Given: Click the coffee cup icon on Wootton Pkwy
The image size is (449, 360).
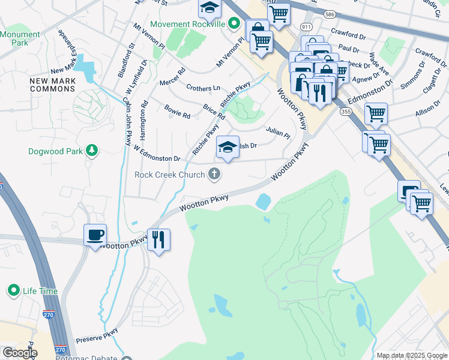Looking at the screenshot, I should (x=95, y=235).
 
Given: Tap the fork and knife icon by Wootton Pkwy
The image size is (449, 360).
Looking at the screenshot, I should (x=158, y=239).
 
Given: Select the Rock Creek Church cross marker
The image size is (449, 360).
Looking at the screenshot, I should (x=213, y=175).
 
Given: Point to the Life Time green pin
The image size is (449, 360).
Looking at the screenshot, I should (x=14, y=291).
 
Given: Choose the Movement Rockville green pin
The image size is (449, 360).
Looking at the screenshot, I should (x=234, y=24).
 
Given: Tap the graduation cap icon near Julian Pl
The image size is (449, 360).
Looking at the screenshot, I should (x=228, y=148).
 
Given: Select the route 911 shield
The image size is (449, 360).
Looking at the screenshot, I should (x=307, y=28).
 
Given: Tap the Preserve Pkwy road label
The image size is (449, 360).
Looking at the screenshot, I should (x=97, y=334).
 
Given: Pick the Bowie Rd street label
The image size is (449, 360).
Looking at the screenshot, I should (x=177, y=110).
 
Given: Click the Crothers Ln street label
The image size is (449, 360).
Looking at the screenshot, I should (x=203, y=88).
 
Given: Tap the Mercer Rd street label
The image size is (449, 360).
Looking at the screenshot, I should (x=172, y=80).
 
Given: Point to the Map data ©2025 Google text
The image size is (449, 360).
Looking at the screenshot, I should (x=411, y=355).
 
